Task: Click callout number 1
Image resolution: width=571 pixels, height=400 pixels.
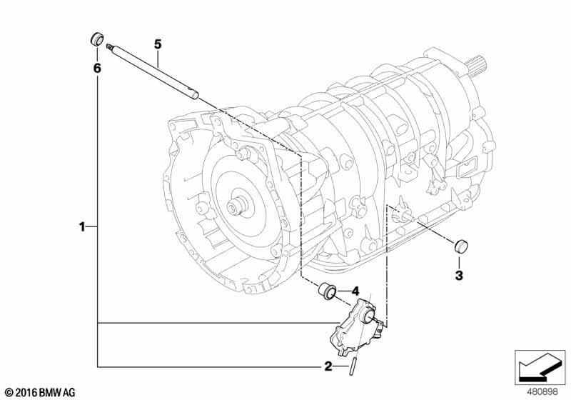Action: [x=82, y=227]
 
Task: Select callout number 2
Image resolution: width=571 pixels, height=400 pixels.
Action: [x=328, y=366]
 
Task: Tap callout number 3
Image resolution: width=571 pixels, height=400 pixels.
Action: [x=459, y=276]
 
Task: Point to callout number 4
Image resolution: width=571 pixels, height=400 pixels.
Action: [x=355, y=291]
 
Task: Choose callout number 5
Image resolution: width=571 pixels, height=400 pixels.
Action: [x=157, y=44]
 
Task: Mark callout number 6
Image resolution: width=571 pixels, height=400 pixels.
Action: [x=97, y=68]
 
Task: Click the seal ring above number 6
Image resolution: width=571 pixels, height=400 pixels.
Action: [x=97, y=39]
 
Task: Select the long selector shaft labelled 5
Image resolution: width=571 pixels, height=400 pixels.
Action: [x=153, y=71]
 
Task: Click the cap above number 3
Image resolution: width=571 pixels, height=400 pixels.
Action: [x=461, y=246]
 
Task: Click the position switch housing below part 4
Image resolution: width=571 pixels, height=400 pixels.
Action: [x=356, y=326]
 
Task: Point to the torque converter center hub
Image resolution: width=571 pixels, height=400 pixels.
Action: [x=237, y=206]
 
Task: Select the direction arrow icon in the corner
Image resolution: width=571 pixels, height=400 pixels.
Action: [x=540, y=367]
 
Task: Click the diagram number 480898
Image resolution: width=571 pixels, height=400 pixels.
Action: [x=543, y=392]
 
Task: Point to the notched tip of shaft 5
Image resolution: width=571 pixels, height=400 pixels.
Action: [x=108, y=46]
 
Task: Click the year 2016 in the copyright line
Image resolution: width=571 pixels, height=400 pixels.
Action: [x=26, y=393]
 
